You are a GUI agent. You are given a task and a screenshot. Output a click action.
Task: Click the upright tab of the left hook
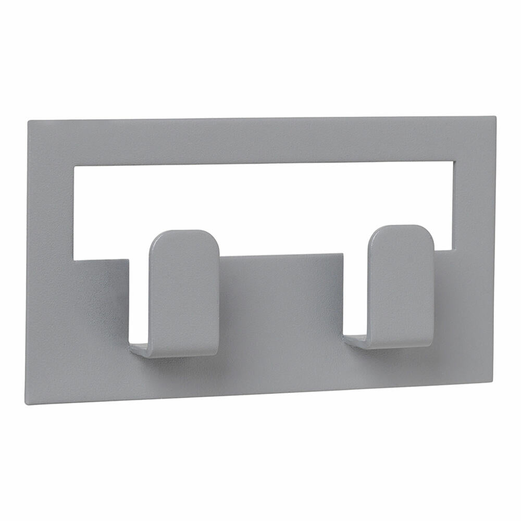[183, 292]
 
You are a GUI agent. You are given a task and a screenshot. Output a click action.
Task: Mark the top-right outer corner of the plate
[494, 117]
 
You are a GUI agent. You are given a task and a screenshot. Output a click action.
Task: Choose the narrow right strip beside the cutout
[474, 203]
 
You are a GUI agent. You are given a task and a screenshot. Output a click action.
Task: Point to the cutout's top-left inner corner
[74, 167]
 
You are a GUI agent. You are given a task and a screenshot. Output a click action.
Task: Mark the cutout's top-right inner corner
[455, 161]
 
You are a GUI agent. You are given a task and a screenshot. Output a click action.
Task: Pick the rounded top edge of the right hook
[400, 227]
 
